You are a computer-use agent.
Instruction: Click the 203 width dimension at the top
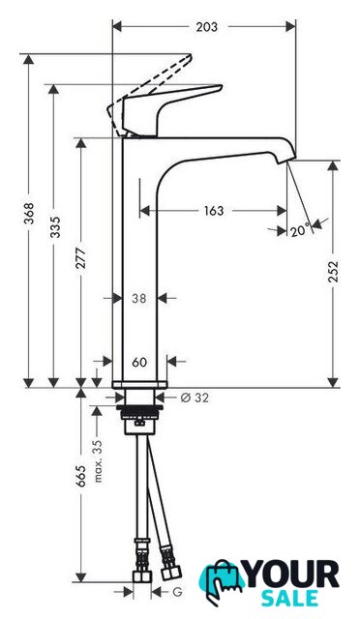(x=207, y=27)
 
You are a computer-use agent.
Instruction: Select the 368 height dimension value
(x=29, y=213)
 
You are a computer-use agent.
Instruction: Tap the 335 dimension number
(x=55, y=227)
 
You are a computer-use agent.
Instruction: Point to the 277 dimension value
(x=81, y=258)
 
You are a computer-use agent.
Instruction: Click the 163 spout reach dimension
(x=214, y=211)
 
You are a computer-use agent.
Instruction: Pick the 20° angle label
(x=301, y=230)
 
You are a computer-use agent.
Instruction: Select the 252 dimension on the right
(x=334, y=271)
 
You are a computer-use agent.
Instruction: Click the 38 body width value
(x=139, y=299)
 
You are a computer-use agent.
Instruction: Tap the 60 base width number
(x=139, y=362)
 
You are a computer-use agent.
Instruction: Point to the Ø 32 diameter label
(x=195, y=398)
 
